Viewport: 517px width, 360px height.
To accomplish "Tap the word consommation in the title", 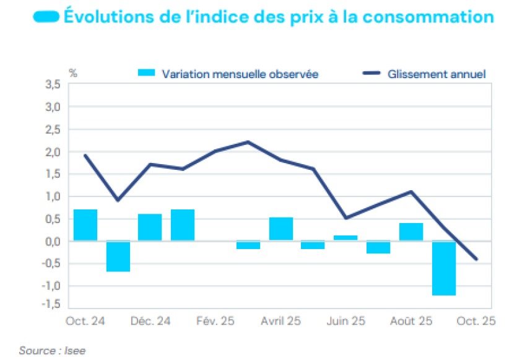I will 432,17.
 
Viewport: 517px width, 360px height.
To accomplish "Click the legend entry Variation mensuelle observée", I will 240,74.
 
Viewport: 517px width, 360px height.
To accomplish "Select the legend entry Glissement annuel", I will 436,74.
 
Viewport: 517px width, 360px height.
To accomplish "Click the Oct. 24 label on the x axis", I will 85,321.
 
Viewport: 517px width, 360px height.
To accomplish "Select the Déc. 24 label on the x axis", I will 150,321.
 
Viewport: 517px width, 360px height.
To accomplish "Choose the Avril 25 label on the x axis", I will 280,321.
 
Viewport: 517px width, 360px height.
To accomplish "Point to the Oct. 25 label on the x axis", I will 476,321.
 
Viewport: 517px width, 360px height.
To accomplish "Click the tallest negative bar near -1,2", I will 444,268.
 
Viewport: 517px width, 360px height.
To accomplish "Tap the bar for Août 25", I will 411,232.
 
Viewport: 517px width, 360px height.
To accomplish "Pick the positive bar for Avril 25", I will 281,229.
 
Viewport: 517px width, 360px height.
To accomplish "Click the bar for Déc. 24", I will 150,227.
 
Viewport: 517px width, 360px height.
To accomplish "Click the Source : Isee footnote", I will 52,351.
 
